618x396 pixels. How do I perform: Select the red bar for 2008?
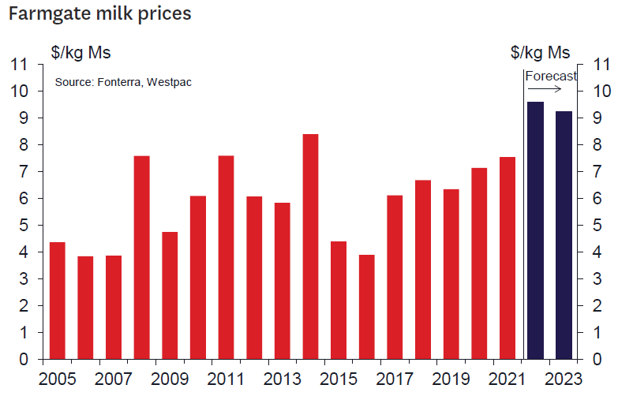pyautogui.click(x=142, y=257)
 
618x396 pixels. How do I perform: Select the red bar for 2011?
pyautogui.click(x=227, y=257)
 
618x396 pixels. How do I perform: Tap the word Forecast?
pyautogui.click(x=551, y=77)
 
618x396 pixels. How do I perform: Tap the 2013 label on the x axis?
pyautogui.click(x=283, y=378)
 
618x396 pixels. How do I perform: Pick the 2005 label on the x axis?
pyautogui.click(x=58, y=378)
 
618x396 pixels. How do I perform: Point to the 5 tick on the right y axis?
pyautogui.click(x=601, y=226)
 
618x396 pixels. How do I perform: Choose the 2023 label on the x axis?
pyautogui.click(x=564, y=378)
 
